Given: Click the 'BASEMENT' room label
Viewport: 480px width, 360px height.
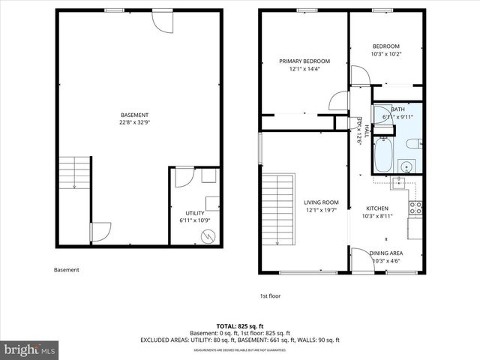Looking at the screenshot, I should [133, 115].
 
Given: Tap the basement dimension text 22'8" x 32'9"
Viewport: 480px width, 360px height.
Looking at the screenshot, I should [133, 122].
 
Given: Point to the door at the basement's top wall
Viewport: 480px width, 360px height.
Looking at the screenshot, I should [161, 19].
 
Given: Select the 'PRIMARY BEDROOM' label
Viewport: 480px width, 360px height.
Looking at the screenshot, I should [304, 61].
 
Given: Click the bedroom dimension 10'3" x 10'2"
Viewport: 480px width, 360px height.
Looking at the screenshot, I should [386, 53].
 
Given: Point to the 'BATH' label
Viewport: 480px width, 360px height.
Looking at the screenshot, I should [397, 109].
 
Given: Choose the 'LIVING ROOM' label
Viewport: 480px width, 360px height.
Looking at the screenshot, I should [321, 202].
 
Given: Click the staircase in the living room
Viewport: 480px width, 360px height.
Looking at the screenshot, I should [278, 208].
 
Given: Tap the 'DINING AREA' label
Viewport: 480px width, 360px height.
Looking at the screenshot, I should [386, 253].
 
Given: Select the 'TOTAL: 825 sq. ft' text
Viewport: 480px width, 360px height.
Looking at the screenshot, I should [240, 325].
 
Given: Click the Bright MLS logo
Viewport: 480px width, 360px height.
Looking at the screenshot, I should [30, 349].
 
